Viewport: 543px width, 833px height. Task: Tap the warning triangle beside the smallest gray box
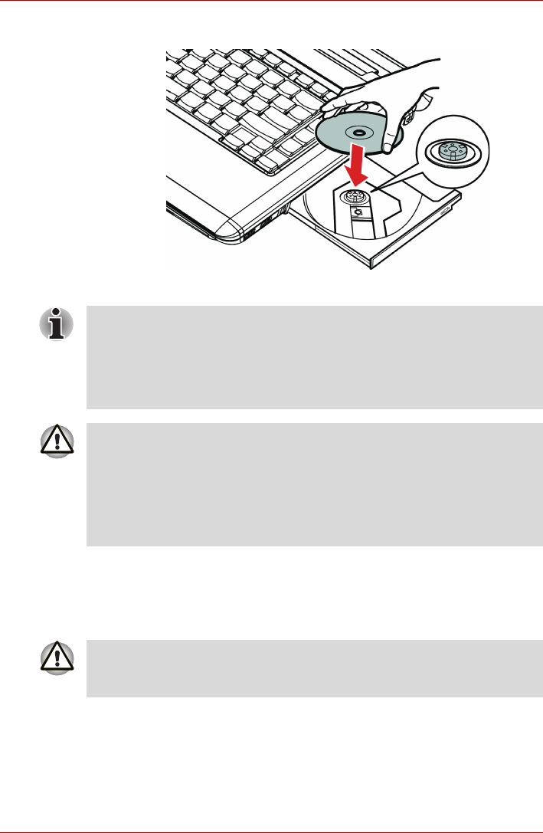click(x=58, y=657)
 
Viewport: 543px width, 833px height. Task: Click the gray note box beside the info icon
click(x=314, y=357)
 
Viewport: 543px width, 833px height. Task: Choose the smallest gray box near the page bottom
click(x=314, y=668)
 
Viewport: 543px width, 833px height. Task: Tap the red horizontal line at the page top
click(x=271, y=2)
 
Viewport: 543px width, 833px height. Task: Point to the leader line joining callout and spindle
click(x=394, y=177)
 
